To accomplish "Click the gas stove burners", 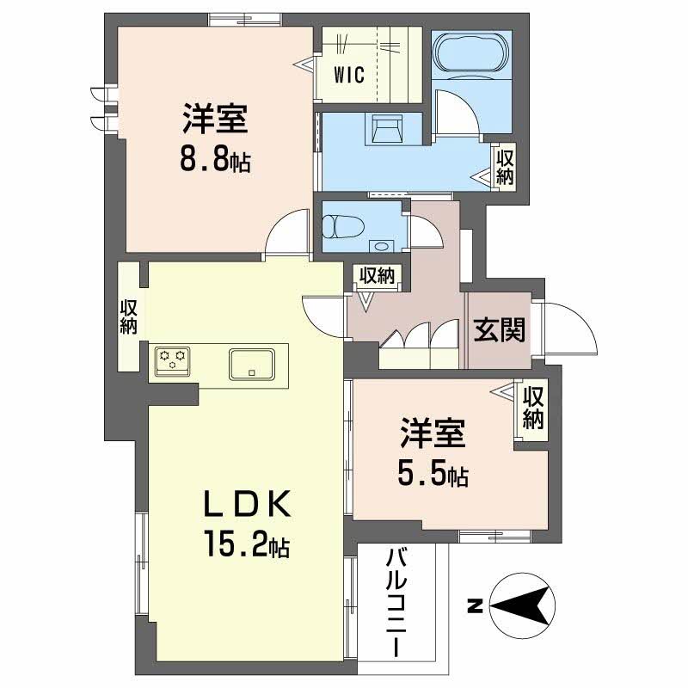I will [171, 359].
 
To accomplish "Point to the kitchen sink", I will [251, 363].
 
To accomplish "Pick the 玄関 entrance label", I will [499, 329].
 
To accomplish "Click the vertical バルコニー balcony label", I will [397, 602].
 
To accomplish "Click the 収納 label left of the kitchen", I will [129, 317].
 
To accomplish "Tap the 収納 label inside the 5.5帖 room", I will [533, 408].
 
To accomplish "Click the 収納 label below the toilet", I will [377, 276].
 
